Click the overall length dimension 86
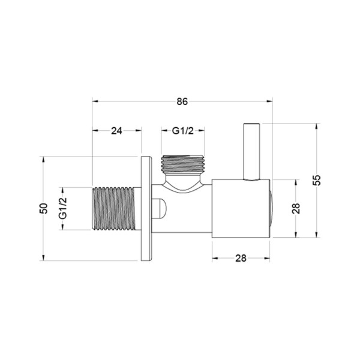182,101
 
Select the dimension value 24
116,131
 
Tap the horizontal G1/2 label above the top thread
183,131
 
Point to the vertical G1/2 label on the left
62,208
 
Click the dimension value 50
43,208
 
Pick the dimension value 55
316,180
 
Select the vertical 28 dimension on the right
296,208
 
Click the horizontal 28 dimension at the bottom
241,258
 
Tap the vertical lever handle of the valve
251,152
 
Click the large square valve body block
241,208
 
